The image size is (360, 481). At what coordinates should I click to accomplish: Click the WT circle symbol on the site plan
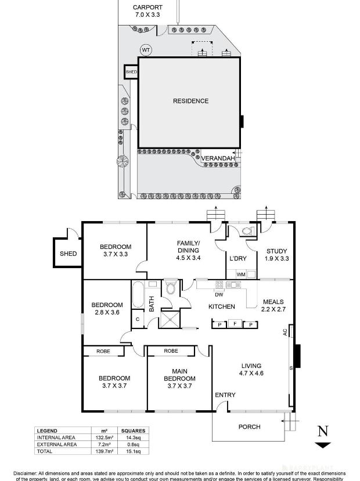coord(146,50)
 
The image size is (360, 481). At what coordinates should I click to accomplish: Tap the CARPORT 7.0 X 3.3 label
coord(149,11)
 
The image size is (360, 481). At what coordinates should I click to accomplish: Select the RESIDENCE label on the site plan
coord(190,101)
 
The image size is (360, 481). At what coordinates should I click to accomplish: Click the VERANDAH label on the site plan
coord(218,158)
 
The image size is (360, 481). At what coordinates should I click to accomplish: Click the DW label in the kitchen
coord(203,294)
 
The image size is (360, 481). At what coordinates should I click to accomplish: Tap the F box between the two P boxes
coord(235,324)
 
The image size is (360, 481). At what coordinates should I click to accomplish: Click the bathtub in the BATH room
coord(138,295)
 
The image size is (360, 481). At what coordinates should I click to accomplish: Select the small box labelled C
coord(138,319)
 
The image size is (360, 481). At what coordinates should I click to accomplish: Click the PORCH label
coord(250,427)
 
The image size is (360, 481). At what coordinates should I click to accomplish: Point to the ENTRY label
coord(225,395)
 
